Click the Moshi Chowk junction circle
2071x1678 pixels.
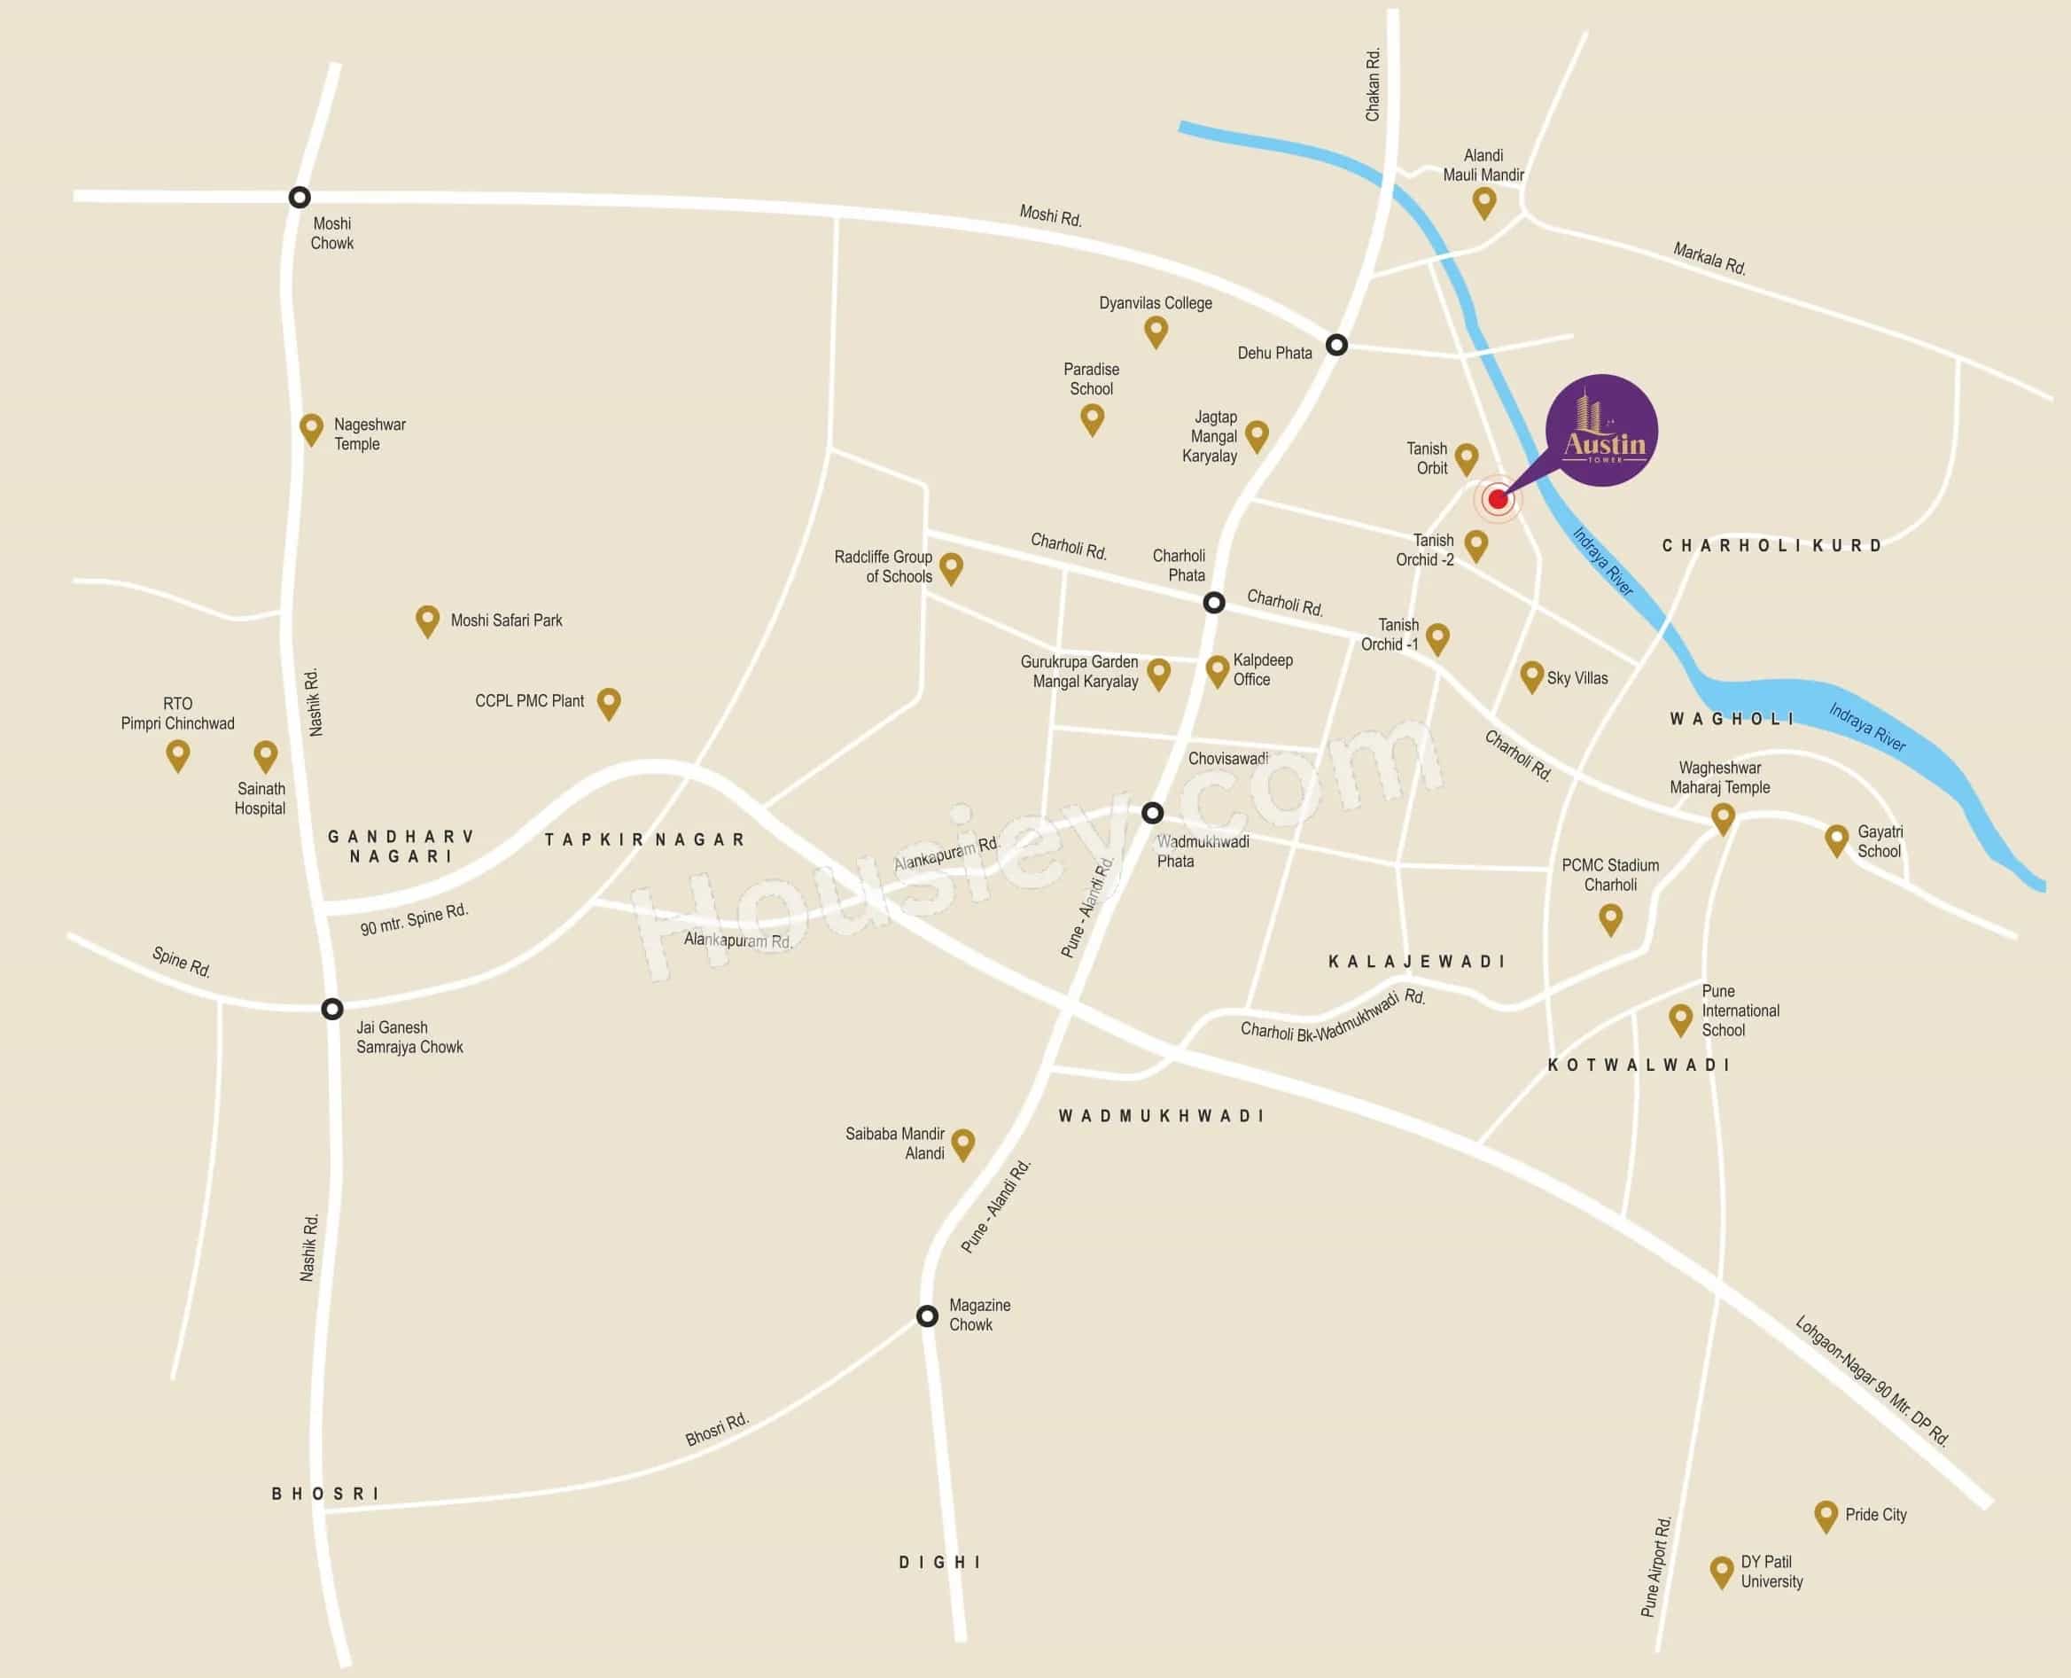[300, 197]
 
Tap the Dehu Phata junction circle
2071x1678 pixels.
[1336, 345]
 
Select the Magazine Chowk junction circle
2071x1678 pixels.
[927, 1316]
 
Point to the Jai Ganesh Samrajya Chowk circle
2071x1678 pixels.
[332, 1009]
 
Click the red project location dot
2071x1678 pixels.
[1498, 499]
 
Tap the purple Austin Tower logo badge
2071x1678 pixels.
[1602, 430]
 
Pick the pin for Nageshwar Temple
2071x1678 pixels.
[311, 428]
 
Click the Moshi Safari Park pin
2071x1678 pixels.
[427, 620]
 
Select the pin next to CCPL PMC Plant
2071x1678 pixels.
[609, 702]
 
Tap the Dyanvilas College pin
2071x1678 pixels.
[1156, 331]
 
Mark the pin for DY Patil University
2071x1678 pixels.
[1721, 1571]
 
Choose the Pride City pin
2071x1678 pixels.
[1826, 1515]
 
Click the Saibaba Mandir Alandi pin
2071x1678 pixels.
[962, 1143]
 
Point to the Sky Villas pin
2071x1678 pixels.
[1530, 675]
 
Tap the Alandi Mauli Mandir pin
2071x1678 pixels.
[1484, 202]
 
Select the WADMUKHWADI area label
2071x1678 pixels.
[1161, 1116]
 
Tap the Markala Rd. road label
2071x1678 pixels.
[1709, 259]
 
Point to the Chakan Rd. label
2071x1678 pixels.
[1373, 85]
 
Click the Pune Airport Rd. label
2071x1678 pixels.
[1655, 1567]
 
